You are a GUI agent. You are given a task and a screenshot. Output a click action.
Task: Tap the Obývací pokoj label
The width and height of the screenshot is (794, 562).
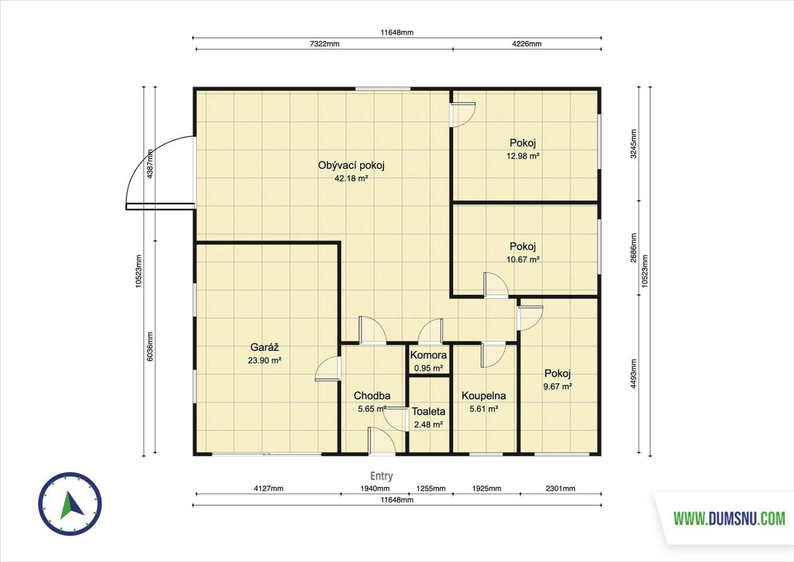(351, 165)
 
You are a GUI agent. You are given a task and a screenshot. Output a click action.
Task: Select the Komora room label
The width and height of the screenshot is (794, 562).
(428, 355)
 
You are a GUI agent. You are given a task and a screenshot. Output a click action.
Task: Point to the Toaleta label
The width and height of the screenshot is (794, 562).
(428, 412)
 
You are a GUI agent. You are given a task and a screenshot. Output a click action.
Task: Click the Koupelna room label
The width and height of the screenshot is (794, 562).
(483, 396)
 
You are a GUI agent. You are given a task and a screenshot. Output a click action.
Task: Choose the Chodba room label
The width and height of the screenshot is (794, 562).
(372, 395)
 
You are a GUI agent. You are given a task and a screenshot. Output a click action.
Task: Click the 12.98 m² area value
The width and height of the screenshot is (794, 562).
(523, 156)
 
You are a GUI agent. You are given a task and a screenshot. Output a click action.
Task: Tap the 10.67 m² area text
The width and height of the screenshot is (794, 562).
(523, 260)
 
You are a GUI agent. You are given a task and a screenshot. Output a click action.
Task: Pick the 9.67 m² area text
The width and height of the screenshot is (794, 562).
(558, 387)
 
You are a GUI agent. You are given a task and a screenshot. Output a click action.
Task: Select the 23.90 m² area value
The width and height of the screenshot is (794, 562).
(265, 361)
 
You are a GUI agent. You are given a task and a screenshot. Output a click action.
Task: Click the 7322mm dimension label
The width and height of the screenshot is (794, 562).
(324, 44)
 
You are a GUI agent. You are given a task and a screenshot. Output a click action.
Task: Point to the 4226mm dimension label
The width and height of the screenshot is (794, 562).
(527, 44)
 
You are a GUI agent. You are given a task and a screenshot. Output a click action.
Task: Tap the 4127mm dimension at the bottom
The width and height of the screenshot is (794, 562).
(268, 489)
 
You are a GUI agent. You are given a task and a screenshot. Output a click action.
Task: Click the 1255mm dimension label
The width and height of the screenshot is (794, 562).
(431, 489)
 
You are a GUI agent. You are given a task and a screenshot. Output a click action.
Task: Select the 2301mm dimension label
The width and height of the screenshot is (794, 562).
(560, 489)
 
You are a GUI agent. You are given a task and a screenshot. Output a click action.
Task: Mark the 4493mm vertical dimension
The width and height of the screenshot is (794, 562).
(633, 374)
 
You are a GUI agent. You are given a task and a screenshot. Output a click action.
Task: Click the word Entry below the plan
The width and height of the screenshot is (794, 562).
(381, 476)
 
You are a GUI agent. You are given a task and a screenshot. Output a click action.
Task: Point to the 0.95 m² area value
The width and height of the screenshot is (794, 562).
(429, 368)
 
